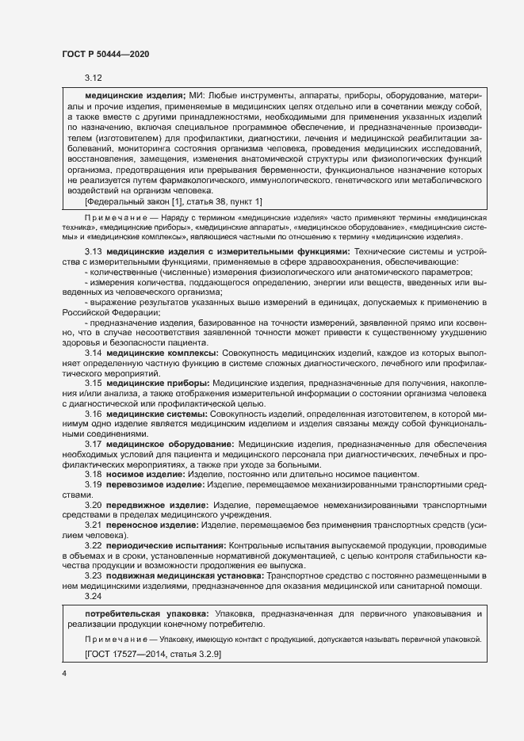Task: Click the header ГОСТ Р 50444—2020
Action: (x=105, y=53)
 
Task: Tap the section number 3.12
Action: (x=94, y=78)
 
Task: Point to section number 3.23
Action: (x=94, y=576)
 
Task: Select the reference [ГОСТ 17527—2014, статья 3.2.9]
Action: (x=152, y=655)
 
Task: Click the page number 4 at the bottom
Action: (x=64, y=673)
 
